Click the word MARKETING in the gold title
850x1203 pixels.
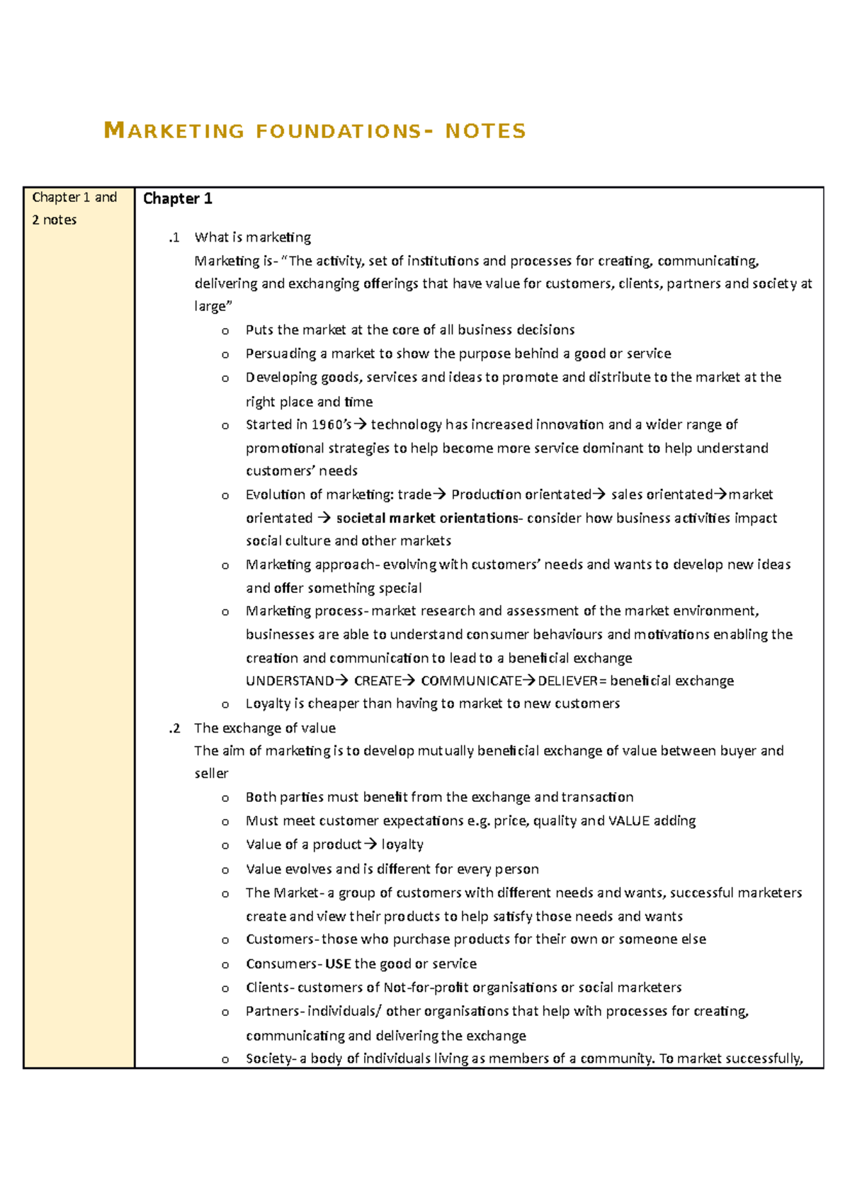click(174, 131)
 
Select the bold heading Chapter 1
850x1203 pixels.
click(178, 198)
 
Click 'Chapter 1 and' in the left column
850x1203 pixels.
click(74, 198)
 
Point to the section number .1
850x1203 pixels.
click(174, 237)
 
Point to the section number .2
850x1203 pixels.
click(174, 728)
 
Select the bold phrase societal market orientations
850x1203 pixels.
click(427, 518)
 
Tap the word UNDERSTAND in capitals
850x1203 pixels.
click(290, 681)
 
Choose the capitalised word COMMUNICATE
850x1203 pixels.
click(471, 681)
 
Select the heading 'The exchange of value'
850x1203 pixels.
click(265, 728)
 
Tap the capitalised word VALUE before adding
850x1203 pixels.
click(629, 820)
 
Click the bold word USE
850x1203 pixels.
click(338, 964)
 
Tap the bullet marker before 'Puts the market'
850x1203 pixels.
click(225, 331)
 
